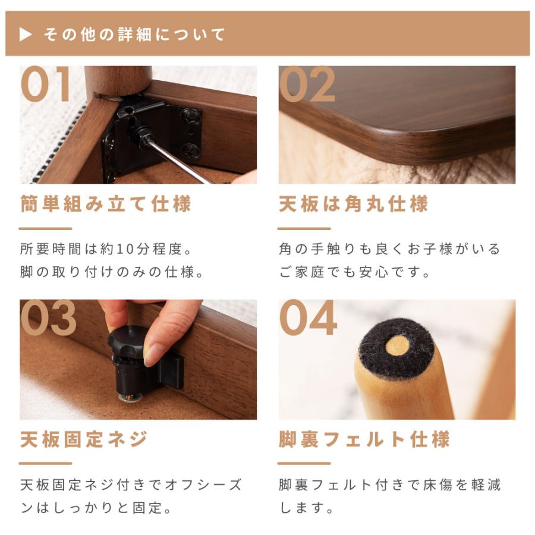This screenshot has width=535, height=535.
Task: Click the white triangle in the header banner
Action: point(25,34)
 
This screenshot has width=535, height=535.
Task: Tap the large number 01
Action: point(46,84)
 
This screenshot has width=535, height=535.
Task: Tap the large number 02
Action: point(307,84)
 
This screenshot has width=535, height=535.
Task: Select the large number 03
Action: point(48,319)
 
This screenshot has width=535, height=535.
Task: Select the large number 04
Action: point(308,319)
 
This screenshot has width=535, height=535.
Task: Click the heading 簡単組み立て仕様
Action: point(105,204)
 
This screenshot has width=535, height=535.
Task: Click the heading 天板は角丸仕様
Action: point(353,204)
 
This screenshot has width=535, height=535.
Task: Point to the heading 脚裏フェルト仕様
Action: point(364,440)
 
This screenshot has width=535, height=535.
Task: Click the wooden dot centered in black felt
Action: point(397,345)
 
